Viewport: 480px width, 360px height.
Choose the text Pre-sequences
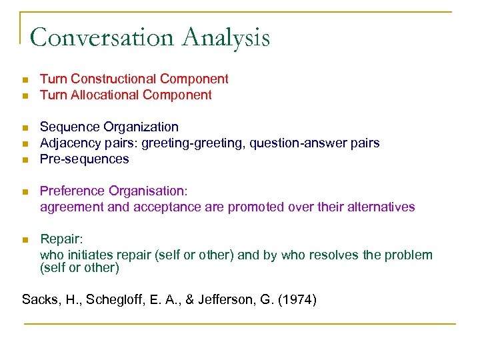click(85, 159)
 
